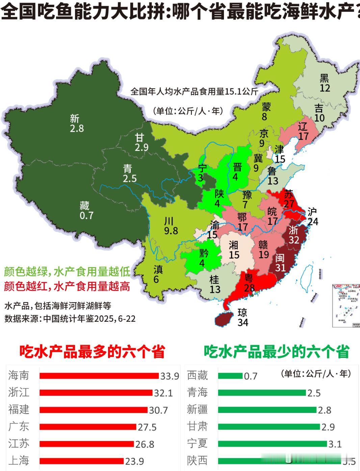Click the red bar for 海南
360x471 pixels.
pos(99,376)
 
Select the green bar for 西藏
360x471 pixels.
pos(230,376)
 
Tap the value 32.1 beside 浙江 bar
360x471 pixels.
pos(163,393)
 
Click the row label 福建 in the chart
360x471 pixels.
pos(19,410)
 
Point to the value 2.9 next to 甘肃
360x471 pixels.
pos(328,427)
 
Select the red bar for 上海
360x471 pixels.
pos(81,461)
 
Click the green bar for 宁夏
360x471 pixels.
pos(272,444)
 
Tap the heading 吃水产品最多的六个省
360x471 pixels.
pos(92,351)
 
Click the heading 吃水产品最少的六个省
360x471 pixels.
pos(276,351)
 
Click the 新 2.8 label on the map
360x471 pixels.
pos(76,123)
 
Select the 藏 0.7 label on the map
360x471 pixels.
pos(86,210)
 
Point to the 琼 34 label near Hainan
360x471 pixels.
pos(242,317)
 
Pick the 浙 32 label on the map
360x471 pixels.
pos(293,234)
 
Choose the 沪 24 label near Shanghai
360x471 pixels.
pos(312,216)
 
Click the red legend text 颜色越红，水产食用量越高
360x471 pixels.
pos(67,287)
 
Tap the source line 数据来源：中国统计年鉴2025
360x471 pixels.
pos(70,319)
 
